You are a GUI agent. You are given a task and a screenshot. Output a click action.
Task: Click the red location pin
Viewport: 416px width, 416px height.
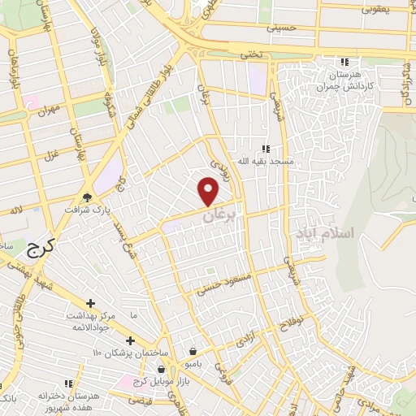click(x=209, y=191)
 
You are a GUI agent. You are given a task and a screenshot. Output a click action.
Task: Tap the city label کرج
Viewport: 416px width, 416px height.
click(x=37, y=248)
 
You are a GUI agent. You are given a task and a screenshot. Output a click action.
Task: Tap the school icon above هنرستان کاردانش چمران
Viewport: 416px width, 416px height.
click(x=344, y=62)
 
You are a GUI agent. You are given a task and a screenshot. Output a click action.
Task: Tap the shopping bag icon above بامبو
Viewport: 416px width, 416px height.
click(x=193, y=351)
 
